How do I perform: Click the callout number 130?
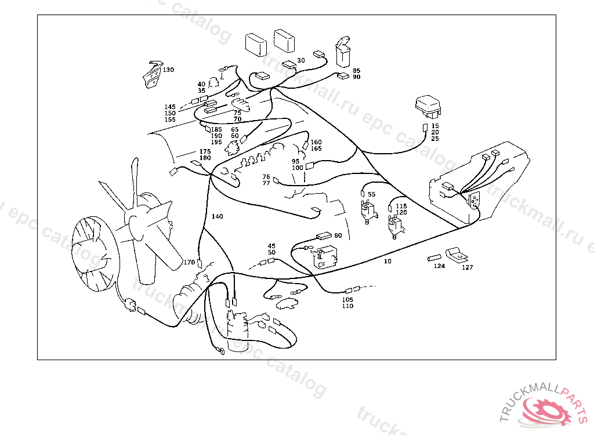click(x=168, y=70)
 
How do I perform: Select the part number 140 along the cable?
click(x=217, y=216)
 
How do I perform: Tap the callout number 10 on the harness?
click(x=387, y=262)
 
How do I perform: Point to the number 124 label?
click(x=439, y=267)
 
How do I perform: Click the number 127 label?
click(x=467, y=267)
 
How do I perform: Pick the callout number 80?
click(x=338, y=236)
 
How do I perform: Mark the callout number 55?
click(x=371, y=194)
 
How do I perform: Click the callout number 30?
click(x=300, y=60)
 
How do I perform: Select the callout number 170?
click(x=189, y=262)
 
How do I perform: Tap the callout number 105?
click(x=347, y=299)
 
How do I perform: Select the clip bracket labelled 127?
click(x=457, y=254)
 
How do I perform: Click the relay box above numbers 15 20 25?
click(x=428, y=108)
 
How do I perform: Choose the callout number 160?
click(x=316, y=142)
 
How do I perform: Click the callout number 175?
click(x=205, y=151)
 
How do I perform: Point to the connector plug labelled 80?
click(x=323, y=236)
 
